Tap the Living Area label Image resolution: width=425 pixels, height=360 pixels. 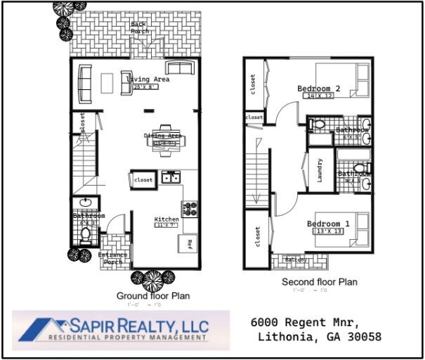tap(148, 79)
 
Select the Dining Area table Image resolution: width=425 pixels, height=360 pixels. tap(167, 141)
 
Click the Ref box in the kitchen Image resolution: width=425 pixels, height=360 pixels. tap(189, 243)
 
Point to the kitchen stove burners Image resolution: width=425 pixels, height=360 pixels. tap(189, 208)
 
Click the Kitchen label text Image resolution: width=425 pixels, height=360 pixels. tap(166, 219)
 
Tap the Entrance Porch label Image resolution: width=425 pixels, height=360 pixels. tap(112, 258)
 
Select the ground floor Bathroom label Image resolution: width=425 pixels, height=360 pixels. tap(89, 216)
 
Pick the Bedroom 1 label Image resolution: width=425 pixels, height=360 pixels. tap(328, 224)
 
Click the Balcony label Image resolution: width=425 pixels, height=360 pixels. tap(296, 260)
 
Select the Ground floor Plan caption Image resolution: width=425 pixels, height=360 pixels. tap(152, 296)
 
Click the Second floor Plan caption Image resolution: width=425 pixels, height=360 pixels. tap(320, 282)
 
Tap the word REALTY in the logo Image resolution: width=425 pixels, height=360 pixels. tap(138, 325)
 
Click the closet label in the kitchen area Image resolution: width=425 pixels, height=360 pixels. tap(143, 180)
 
